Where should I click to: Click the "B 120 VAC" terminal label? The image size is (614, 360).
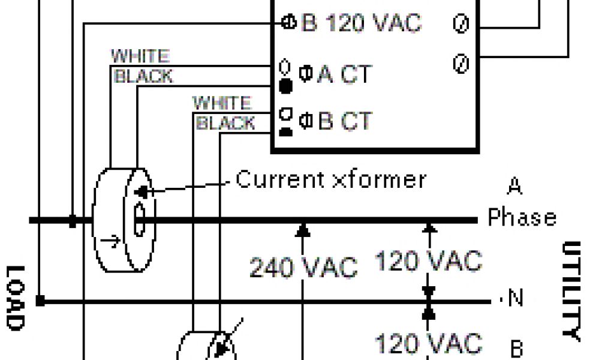360,24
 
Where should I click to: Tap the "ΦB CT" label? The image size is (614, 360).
335,121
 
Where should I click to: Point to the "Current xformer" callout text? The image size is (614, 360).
331,179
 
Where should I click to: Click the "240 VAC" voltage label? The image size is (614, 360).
303,267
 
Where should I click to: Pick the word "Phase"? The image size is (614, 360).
522,217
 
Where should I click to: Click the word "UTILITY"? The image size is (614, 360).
573,291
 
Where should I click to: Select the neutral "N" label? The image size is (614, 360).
515,298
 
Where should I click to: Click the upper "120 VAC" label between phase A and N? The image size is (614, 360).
428,261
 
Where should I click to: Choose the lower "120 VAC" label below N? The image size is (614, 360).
428,343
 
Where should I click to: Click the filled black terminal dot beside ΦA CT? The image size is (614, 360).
286,88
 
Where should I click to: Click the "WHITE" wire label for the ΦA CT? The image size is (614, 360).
140,57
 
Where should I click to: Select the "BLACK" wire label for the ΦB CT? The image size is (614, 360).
226,124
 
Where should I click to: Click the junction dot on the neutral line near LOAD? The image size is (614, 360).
40,300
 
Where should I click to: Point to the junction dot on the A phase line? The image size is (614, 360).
73,221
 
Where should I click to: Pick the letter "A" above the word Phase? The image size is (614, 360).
514,187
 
